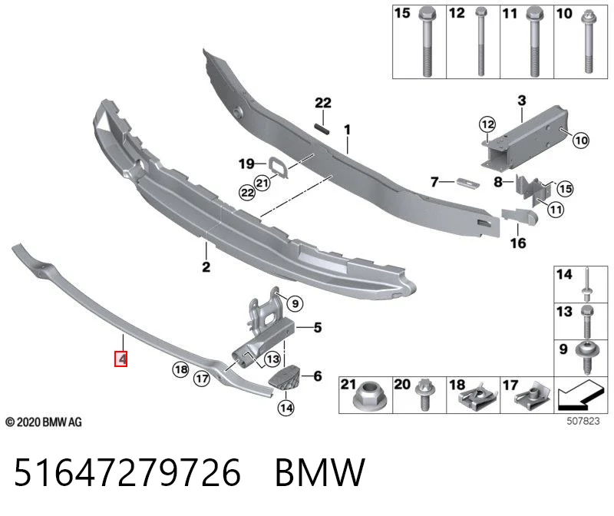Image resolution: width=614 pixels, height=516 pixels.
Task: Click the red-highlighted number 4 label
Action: (121, 359)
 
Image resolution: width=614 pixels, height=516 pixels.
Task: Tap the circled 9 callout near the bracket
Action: (295, 303)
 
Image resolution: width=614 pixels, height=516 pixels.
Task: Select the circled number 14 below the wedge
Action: (286, 408)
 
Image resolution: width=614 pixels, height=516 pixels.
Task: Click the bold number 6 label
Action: (318, 376)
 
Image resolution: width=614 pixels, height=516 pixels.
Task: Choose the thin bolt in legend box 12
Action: (480, 41)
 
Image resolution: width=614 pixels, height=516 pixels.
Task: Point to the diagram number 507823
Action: (583, 421)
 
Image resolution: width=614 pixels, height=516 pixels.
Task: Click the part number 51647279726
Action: (127, 472)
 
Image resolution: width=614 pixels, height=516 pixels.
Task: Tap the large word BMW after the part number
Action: (320, 472)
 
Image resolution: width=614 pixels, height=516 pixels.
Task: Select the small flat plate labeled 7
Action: (468, 183)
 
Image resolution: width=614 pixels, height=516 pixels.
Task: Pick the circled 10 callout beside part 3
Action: (581, 141)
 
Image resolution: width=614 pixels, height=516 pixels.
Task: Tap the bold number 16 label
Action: (517, 243)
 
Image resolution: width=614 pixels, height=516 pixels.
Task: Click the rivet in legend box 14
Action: (587, 285)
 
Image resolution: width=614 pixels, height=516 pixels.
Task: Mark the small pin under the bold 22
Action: (322, 128)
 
